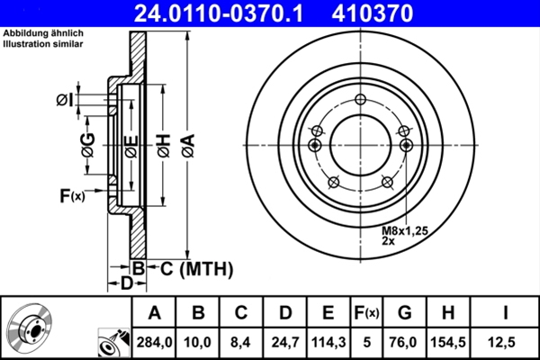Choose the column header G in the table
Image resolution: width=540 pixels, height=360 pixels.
(405, 312)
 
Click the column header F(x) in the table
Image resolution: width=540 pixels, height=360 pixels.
(366, 312)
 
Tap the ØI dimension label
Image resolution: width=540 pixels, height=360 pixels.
(64, 99)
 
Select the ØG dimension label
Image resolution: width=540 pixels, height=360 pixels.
(87, 144)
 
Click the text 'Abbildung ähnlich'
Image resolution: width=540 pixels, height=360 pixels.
(40, 34)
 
